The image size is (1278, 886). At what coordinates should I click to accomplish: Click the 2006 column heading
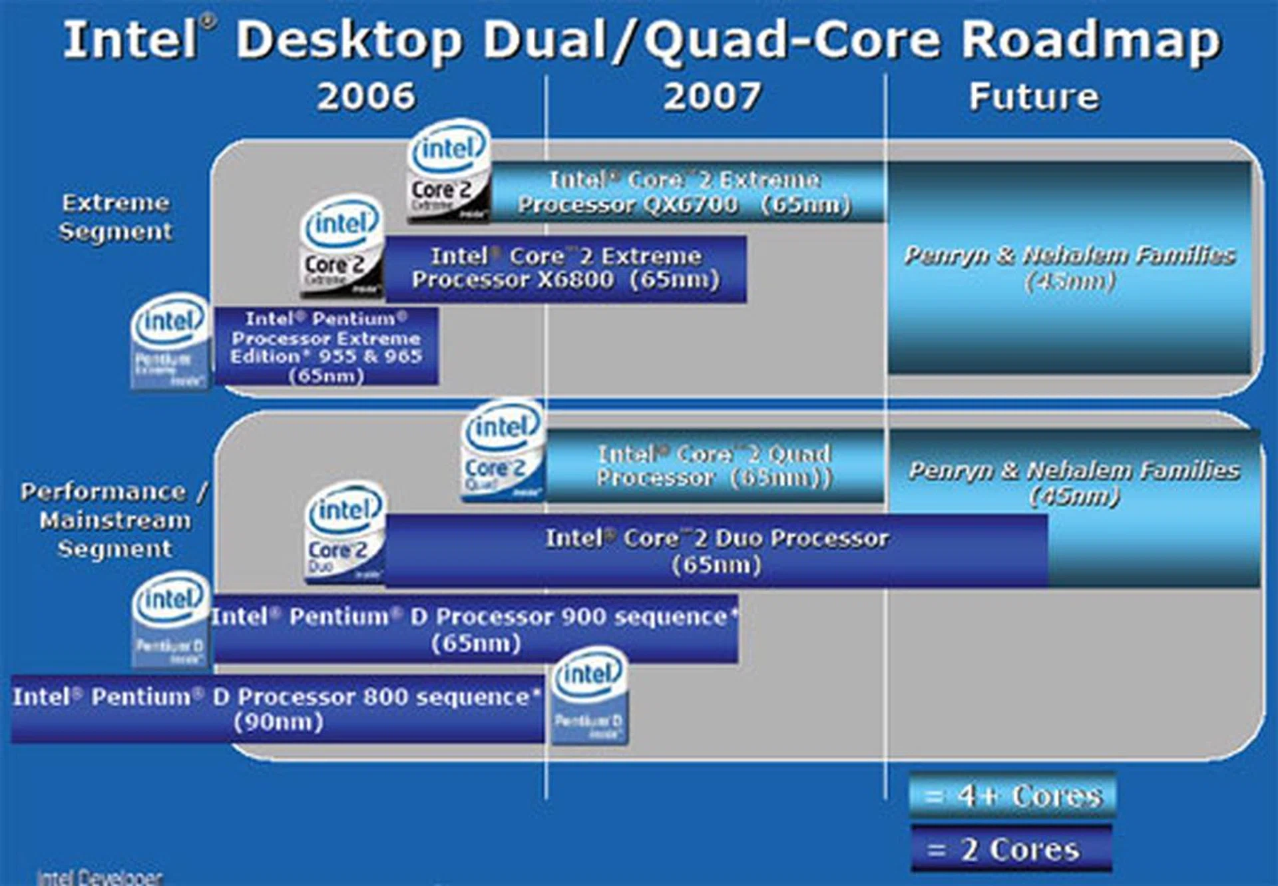pos(366,97)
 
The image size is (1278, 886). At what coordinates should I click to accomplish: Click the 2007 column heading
pos(712,97)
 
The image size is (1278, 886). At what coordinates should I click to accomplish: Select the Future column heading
pos(1034,97)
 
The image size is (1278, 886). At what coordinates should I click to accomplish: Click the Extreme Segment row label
pos(115,217)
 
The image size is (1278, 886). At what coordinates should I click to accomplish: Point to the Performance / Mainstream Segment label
pos(114,520)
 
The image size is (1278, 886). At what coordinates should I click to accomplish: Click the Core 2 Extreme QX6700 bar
pos(686,192)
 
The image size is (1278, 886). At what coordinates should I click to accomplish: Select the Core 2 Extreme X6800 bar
pos(566,268)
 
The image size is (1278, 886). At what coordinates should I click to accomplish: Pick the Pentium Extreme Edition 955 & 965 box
pos(326,346)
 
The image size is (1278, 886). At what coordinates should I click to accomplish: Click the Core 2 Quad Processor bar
pos(714,465)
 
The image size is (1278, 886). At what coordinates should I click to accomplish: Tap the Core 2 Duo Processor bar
pos(716,551)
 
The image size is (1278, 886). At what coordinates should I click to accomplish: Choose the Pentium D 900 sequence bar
pos(475,629)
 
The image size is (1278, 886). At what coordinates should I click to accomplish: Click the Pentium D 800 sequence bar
pos(278,709)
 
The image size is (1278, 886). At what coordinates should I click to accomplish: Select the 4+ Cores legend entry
pos(1012,795)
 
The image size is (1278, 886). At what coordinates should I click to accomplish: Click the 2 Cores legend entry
pos(1010,849)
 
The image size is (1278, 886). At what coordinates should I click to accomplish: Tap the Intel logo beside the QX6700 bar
pos(449,170)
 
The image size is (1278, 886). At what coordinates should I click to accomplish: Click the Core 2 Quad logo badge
pos(503,451)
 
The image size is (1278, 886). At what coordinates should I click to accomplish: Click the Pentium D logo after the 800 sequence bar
pos(589,696)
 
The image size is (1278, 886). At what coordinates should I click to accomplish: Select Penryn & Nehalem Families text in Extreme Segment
pos(1069,266)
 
